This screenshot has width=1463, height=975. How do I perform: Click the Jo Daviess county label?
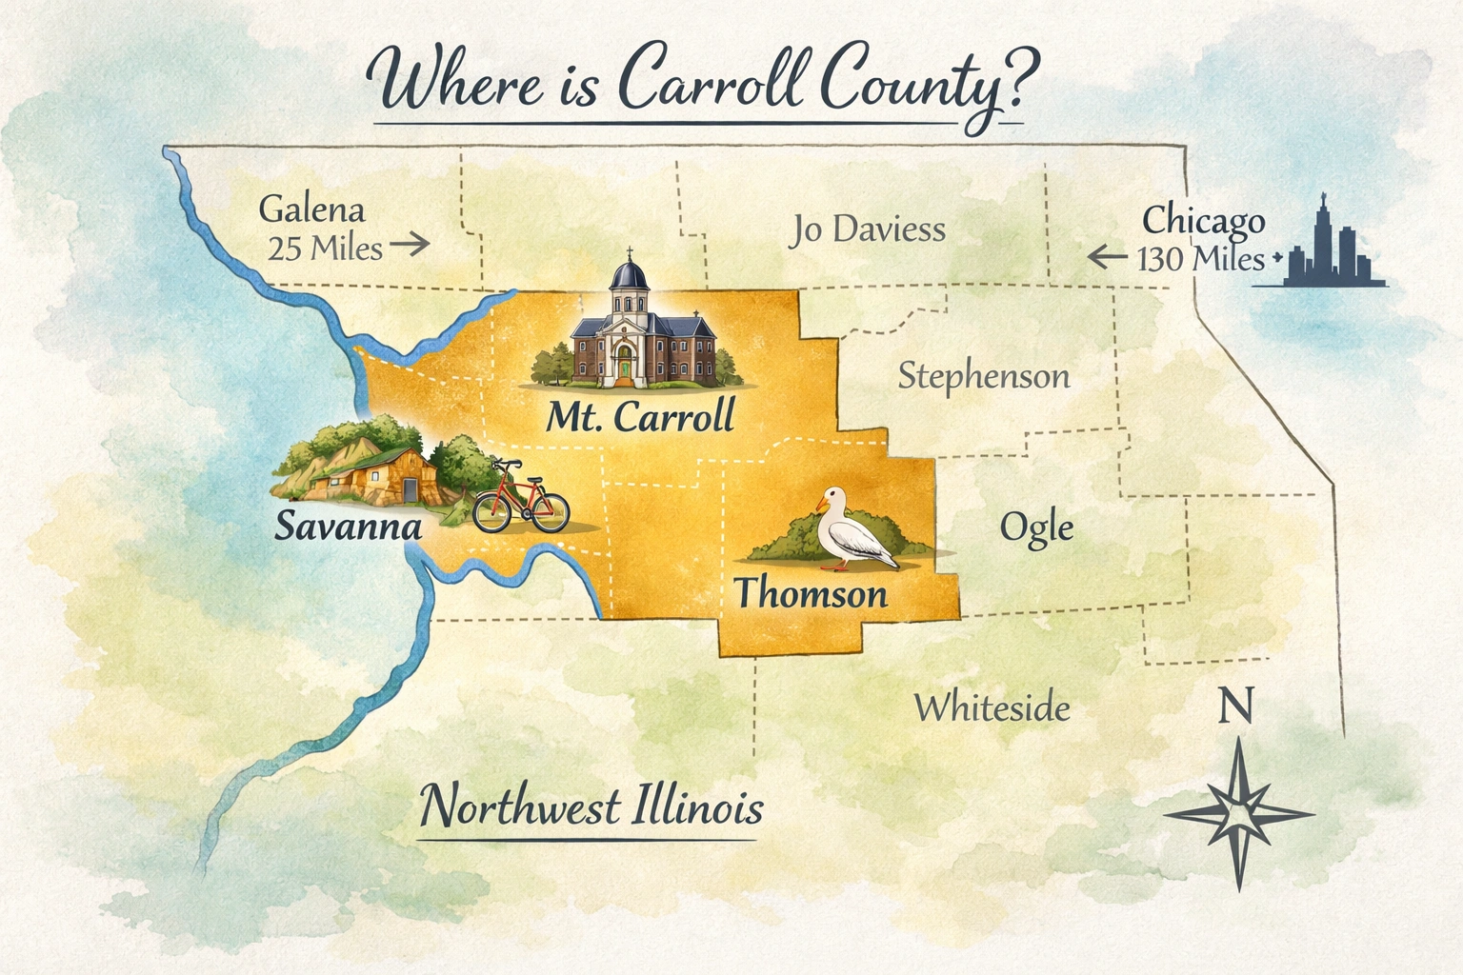867,229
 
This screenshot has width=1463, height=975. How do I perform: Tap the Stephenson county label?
984,376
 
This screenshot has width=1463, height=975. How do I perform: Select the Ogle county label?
1036,527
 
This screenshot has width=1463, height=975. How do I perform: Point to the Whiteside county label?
992,707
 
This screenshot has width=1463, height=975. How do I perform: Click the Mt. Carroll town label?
640,416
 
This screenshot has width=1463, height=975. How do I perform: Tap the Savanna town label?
348,526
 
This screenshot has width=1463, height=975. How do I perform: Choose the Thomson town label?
811,594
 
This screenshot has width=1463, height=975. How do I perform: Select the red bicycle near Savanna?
520,500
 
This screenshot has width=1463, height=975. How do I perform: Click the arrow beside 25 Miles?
410,246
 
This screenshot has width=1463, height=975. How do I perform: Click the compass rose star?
1238,814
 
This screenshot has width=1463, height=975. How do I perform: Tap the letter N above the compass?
1235,707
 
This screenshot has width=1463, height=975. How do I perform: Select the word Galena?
311,209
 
